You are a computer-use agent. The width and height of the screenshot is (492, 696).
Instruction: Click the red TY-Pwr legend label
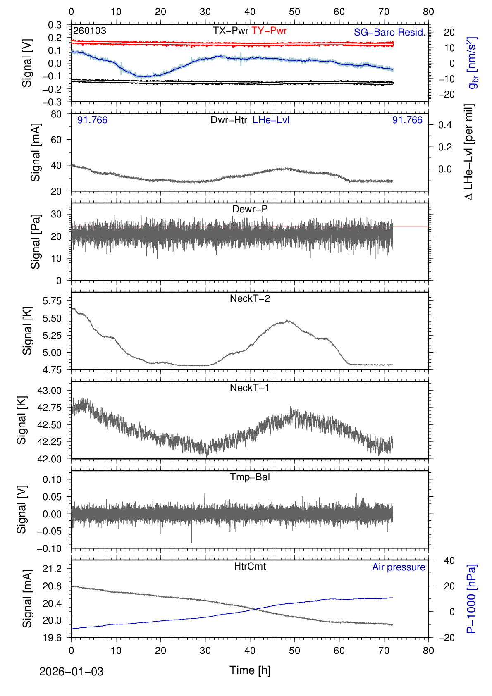pyautogui.click(x=269, y=31)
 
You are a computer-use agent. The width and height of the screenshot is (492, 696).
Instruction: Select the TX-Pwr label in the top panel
pyautogui.click(x=230, y=31)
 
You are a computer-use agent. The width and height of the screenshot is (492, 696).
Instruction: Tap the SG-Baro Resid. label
pyautogui.click(x=389, y=32)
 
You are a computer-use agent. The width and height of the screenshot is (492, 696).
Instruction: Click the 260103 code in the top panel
pyautogui.click(x=90, y=31)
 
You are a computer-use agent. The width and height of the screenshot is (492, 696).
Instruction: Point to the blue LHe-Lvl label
pyautogui.click(x=271, y=120)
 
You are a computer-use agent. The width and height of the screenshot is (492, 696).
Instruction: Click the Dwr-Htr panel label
pyautogui.click(x=229, y=120)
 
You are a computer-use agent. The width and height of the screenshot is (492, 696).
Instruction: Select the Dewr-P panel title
pyautogui.click(x=250, y=209)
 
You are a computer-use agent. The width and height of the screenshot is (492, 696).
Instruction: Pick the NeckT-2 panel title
pyautogui.click(x=250, y=298)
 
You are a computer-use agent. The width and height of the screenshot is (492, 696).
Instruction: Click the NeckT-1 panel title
pyautogui.click(x=250, y=388)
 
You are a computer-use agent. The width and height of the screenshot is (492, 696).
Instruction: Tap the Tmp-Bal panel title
pyautogui.click(x=250, y=477)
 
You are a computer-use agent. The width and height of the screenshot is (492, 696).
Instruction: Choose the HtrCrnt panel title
pyautogui.click(x=250, y=566)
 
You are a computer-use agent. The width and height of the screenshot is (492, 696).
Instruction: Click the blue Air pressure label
pyautogui.click(x=399, y=567)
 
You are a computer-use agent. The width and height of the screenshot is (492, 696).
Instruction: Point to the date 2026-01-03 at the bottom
pyautogui.click(x=71, y=672)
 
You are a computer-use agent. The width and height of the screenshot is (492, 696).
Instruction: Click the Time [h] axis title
pyautogui.click(x=250, y=670)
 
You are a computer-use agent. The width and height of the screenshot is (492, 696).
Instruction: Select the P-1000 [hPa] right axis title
pyautogui.click(x=471, y=599)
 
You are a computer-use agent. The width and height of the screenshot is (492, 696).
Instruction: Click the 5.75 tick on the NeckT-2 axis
pyautogui.click(x=52, y=301)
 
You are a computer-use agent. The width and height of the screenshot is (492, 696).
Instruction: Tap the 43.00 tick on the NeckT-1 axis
pyautogui.click(x=49, y=391)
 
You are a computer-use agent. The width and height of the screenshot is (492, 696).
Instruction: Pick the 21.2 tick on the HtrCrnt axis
pyautogui.click(x=52, y=569)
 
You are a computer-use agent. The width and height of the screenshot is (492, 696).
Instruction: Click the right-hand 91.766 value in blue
pyautogui.click(x=407, y=120)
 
